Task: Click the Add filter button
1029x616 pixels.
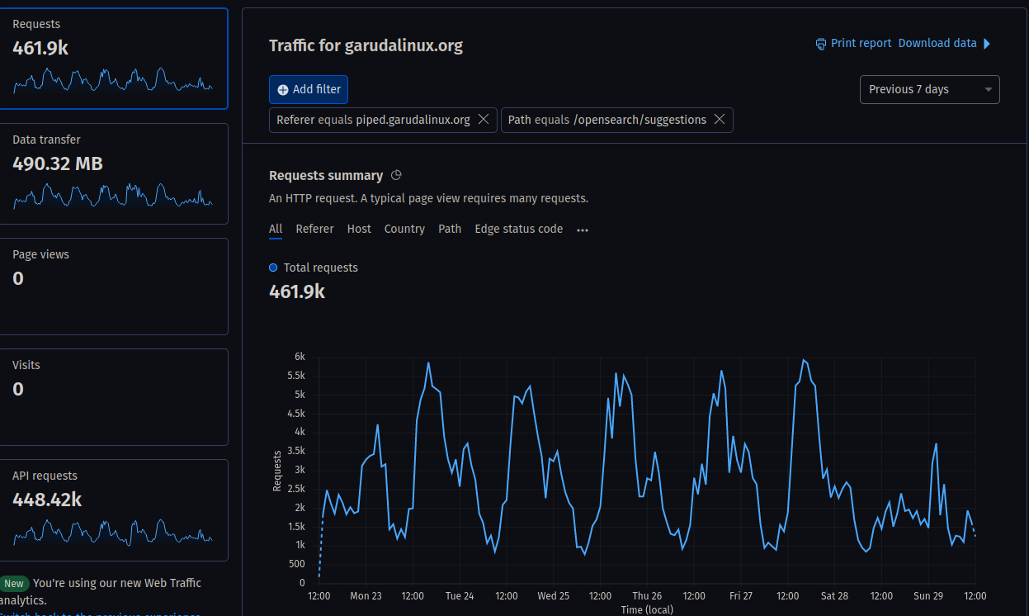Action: [x=309, y=89]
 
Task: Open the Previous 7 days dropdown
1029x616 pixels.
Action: [x=929, y=89]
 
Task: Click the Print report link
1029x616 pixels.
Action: [x=853, y=43]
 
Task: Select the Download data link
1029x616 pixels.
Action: [x=937, y=43]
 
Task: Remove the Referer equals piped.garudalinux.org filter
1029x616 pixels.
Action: [x=484, y=120]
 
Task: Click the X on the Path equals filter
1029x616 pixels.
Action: [x=720, y=120]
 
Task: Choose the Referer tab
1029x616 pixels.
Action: [x=314, y=229]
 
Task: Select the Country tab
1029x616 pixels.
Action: [x=404, y=229]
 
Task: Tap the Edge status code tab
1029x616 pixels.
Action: [x=518, y=229]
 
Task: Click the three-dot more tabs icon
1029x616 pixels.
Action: [x=583, y=230]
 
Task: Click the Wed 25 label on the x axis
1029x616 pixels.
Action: [x=553, y=595]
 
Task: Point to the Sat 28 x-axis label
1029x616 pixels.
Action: [x=834, y=595]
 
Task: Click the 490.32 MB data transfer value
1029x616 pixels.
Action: [x=58, y=163]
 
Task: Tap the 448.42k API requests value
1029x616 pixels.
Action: [x=47, y=500]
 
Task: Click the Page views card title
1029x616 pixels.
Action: [x=40, y=254]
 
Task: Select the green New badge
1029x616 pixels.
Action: [x=14, y=583]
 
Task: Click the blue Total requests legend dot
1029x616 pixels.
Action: [x=273, y=268]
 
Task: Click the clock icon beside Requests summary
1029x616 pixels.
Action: [x=396, y=175]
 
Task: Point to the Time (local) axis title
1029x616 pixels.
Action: [x=647, y=609]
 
